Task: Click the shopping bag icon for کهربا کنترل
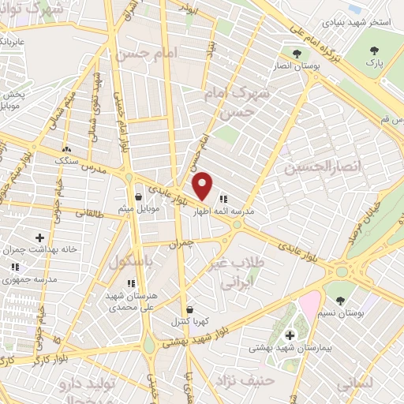[189, 310]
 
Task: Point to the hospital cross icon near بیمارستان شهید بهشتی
[290, 335]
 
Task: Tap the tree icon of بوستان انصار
[296, 54]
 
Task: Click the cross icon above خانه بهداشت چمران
[39, 237]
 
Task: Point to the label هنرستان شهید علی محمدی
[131, 299]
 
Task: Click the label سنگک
[67, 160]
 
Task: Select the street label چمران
[181, 245]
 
